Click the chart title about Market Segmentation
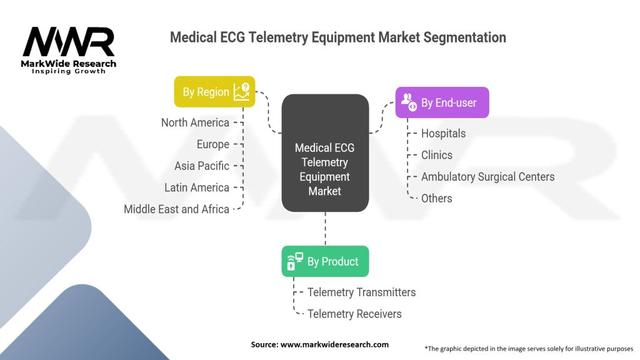[338, 37]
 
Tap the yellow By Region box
[214, 92]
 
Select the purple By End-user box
[442, 102]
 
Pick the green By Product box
[325, 261]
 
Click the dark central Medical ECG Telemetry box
[324, 154]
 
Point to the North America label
[195, 122]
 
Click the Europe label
[212, 144]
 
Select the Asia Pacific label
[202, 166]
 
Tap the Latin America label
[197, 187]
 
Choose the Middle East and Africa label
[176, 209]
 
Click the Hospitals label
[443, 133]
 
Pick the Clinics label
[436, 155]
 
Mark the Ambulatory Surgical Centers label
[487, 177]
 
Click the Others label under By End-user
[436, 198]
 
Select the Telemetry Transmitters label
[361, 292]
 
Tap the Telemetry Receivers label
[354, 314]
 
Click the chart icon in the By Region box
[241, 92]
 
